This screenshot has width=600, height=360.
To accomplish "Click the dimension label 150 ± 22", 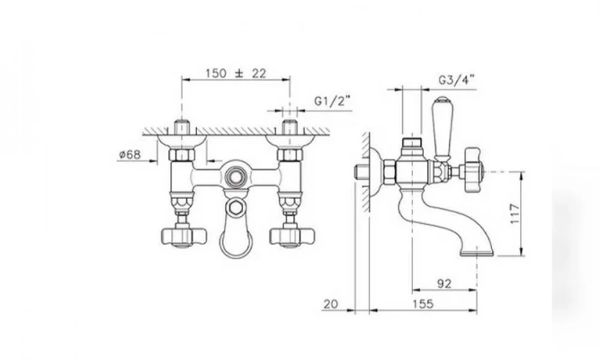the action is (x=236, y=73).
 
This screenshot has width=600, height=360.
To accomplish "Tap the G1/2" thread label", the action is (x=332, y=101).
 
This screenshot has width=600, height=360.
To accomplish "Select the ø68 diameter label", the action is (x=130, y=154).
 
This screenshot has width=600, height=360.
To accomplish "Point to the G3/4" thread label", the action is (x=456, y=80).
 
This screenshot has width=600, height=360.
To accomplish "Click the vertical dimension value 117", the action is (x=515, y=214).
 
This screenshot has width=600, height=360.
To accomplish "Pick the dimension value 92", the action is (x=444, y=283).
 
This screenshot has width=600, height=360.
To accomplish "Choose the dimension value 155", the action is (x=423, y=304).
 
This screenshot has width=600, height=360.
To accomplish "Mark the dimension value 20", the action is (x=331, y=304).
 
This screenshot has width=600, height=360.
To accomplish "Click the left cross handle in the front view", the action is (x=183, y=236).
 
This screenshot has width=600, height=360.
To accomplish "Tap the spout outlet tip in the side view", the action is (x=477, y=253).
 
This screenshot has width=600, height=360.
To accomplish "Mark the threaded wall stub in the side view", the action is (x=361, y=172).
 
